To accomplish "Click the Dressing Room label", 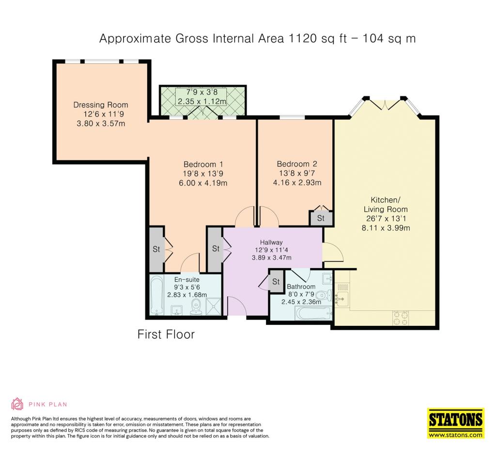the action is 101,105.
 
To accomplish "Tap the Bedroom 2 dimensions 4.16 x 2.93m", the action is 297,183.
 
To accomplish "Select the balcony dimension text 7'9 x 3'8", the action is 202,93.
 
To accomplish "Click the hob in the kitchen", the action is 401,318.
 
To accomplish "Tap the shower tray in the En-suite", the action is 215,307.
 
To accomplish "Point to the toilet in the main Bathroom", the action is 324,295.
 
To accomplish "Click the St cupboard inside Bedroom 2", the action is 321,218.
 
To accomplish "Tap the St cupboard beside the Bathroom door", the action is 276,281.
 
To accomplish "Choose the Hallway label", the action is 271,242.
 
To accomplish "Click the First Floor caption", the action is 166,335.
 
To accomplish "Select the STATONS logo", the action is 456,423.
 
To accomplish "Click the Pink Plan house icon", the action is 17,404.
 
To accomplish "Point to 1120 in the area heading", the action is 302,38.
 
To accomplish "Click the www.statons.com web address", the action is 456,435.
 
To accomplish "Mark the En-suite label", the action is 186,280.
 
